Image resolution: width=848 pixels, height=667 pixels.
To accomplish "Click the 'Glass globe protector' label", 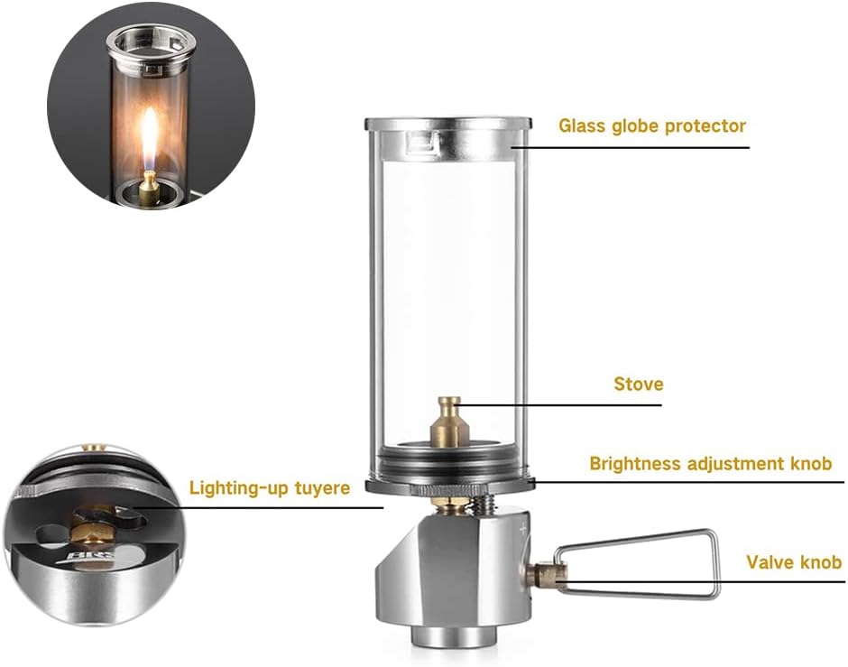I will coord(651,125).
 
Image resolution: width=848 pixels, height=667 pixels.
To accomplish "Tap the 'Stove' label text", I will coord(638,384).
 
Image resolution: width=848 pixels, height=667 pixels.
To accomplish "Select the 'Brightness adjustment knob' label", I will coord(710,464).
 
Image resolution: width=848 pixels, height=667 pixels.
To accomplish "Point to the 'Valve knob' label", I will coord(793,562).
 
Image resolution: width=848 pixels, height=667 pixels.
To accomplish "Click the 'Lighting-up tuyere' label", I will coord(269,488).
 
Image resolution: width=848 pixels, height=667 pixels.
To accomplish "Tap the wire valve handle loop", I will coord(641,564).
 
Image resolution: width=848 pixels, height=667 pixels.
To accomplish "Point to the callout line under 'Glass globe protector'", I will coord(631,147).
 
